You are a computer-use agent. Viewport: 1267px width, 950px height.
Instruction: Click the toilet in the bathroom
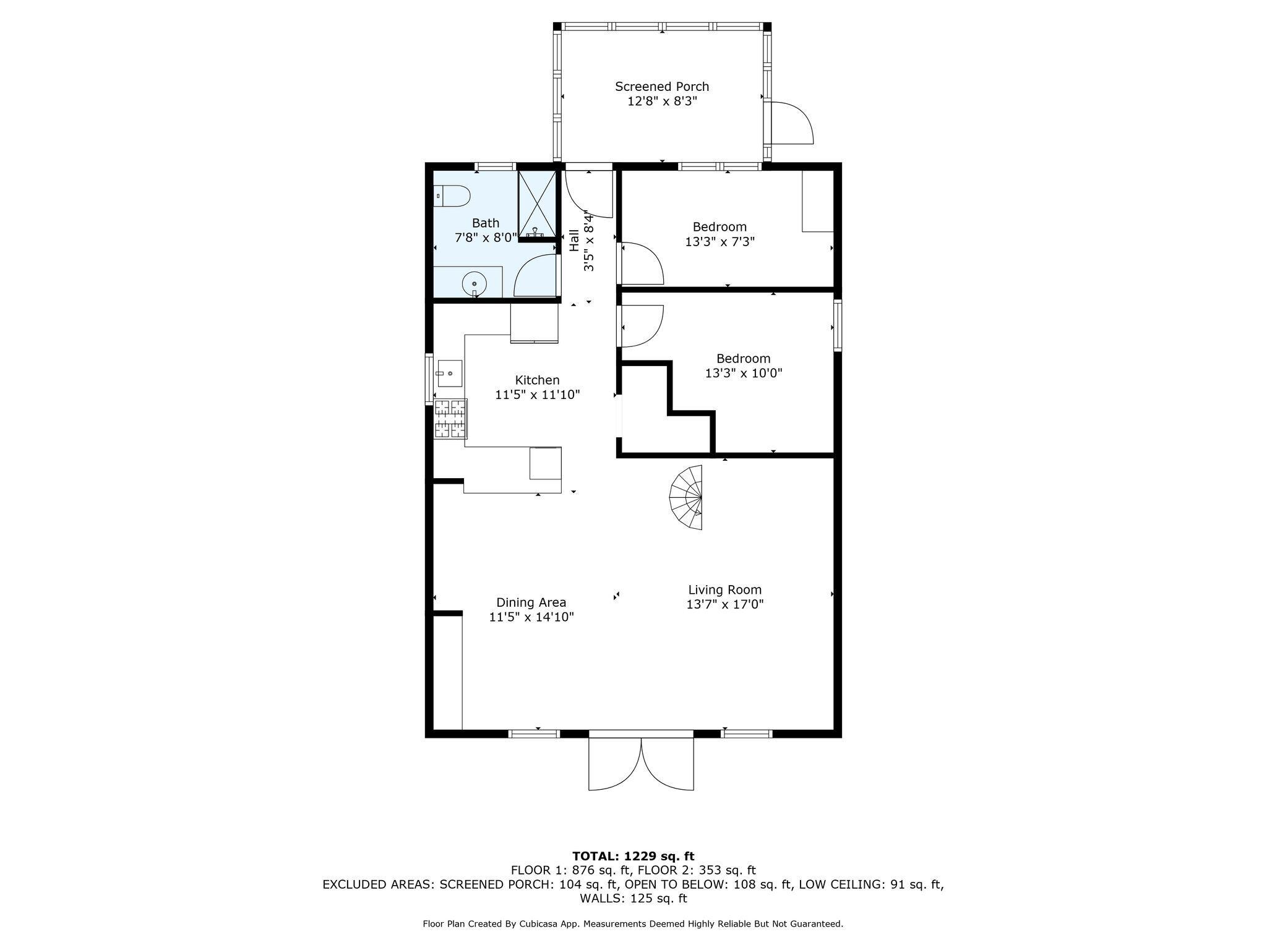pyautogui.click(x=452, y=196)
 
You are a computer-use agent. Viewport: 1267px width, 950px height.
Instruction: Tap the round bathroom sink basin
pyautogui.click(x=474, y=285)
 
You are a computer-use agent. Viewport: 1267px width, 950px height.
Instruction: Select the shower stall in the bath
pyautogui.click(x=536, y=204)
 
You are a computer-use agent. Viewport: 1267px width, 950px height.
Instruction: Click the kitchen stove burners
pyautogui.click(x=450, y=419)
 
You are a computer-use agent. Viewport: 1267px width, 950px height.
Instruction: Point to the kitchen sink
pyautogui.click(x=450, y=373)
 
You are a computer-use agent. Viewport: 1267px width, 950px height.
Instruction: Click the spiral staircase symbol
pyautogui.click(x=686, y=498)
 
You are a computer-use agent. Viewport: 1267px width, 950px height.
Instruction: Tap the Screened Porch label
pyautogui.click(x=662, y=87)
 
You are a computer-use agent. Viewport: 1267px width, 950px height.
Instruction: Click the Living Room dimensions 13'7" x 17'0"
pyautogui.click(x=725, y=604)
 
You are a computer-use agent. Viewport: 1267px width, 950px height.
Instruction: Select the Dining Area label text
pyautogui.click(x=531, y=602)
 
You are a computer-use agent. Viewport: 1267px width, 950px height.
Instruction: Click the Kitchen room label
pyautogui.click(x=538, y=380)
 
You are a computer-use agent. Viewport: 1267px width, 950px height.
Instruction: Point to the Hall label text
pyautogui.click(x=574, y=241)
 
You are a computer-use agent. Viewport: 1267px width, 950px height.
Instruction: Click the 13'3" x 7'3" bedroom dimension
pyautogui.click(x=719, y=241)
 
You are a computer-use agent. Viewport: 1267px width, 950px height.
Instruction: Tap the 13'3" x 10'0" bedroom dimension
pyautogui.click(x=744, y=373)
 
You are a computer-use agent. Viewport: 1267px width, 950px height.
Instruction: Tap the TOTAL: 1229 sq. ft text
pyautogui.click(x=633, y=856)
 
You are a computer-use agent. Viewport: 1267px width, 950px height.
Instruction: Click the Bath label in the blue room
pyautogui.click(x=486, y=223)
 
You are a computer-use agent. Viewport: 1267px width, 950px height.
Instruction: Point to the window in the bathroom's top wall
pyautogui.click(x=495, y=166)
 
